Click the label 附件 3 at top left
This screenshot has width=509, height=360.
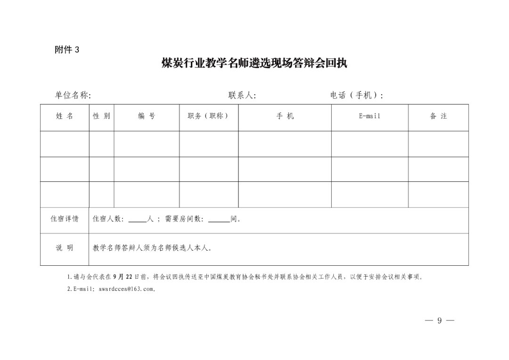pyautogui.click(x=67, y=49)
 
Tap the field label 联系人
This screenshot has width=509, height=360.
pyautogui.click(x=242, y=95)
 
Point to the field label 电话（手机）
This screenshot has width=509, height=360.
pyautogui.click(x=356, y=95)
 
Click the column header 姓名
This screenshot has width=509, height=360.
pyautogui.click(x=65, y=116)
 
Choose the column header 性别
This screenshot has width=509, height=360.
pyautogui.click(x=101, y=116)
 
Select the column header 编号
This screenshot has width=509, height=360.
pyautogui.click(x=147, y=116)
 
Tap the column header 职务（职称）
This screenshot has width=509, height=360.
pyautogui.click(x=208, y=116)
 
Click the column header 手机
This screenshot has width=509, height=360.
pyautogui.click(x=285, y=116)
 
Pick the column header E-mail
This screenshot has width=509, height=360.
pyautogui.click(x=369, y=116)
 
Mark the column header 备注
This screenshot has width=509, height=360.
pyautogui.click(x=438, y=116)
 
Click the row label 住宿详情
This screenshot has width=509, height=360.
pyautogui.click(x=65, y=219)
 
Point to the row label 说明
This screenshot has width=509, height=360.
pyautogui.click(x=65, y=248)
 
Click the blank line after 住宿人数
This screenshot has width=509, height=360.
pyautogui.click(x=137, y=220)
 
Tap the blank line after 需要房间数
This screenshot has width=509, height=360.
pyautogui.click(x=219, y=220)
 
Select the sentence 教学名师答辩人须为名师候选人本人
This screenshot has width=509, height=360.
pyautogui.click(x=152, y=248)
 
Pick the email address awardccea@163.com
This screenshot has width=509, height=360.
pyautogui.click(x=127, y=289)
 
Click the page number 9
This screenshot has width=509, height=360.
pyautogui.click(x=439, y=321)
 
